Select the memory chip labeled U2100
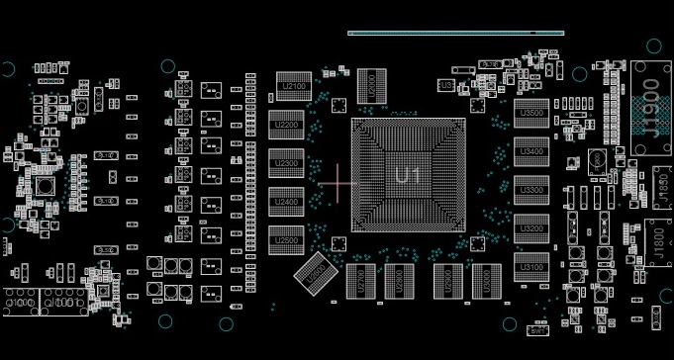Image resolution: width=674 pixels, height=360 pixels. [x=294, y=86]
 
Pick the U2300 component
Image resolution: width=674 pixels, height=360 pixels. [x=286, y=162]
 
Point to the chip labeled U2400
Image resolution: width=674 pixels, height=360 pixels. [x=286, y=201]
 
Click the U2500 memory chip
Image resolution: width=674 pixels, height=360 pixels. [x=286, y=238]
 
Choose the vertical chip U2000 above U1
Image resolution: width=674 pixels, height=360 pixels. [x=370, y=85]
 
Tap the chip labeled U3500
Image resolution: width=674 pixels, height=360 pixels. [x=530, y=113]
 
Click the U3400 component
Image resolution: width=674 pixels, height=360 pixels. [x=530, y=151]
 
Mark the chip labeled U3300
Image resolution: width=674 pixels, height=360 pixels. [x=530, y=189]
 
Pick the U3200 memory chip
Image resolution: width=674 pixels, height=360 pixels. [x=530, y=227]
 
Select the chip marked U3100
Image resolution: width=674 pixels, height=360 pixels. [x=530, y=266]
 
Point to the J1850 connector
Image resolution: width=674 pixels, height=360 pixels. [x=661, y=185]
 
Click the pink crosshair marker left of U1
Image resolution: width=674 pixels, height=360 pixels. [x=338, y=182]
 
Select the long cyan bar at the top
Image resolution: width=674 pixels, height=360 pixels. [x=455, y=33]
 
